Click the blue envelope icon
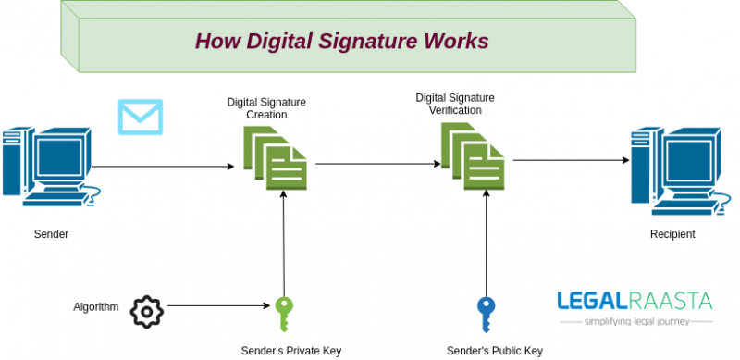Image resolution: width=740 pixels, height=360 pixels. pyautogui.click(x=140, y=117)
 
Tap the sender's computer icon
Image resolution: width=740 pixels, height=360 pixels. pyautogui.click(x=50, y=167)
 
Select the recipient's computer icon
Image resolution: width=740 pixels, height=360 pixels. pyautogui.click(x=676, y=167)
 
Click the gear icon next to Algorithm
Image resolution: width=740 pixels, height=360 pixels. pyautogui.click(x=146, y=311)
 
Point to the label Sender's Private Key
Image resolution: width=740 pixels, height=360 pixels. pyautogui.click(x=290, y=351)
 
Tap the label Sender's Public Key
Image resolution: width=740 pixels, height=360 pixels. pyautogui.click(x=494, y=351)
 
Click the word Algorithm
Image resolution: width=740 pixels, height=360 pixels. pyautogui.click(x=96, y=306)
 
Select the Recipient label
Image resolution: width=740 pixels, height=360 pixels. pyautogui.click(x=672, y=234)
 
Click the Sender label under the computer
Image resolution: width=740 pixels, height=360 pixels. pyautogui.click(x=51, y=234)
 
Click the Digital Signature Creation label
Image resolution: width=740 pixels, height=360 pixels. pyautogui.click(x=266, y=108)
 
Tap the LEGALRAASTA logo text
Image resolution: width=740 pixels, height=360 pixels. pyautogui.click(x=635, y=301)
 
